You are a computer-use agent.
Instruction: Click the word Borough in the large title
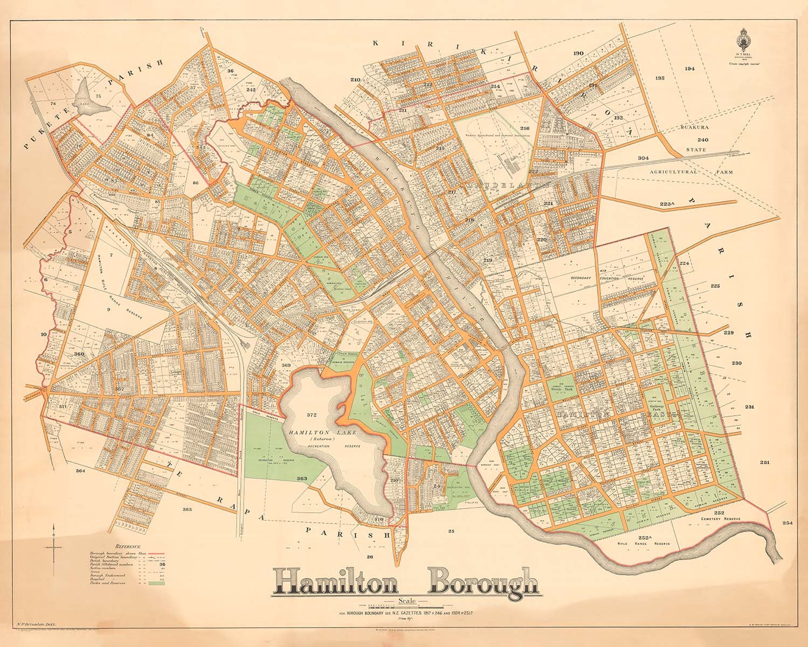[483, 583]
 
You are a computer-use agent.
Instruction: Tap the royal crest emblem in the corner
[748, 43]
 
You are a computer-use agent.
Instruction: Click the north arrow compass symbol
[53, 547]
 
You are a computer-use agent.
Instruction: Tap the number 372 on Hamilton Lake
[312, 415]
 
